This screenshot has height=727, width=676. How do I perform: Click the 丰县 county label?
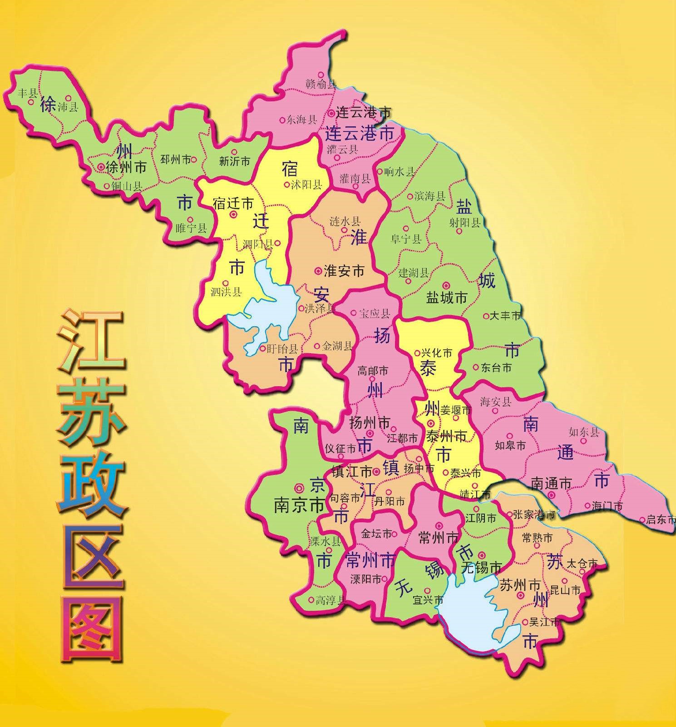point(27,94)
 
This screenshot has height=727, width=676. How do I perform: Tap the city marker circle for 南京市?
point(299,488)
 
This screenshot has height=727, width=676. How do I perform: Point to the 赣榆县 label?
point(321,84)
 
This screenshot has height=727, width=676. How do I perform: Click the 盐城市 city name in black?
point(447,298)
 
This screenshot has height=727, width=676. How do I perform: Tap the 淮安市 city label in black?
point(344,271)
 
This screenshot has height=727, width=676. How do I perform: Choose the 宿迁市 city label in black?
point(233,203)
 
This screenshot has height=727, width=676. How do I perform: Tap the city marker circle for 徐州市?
point(100,167)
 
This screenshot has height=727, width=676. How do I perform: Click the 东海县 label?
point(301,120)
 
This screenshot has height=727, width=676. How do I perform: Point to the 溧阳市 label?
point(365,579)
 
